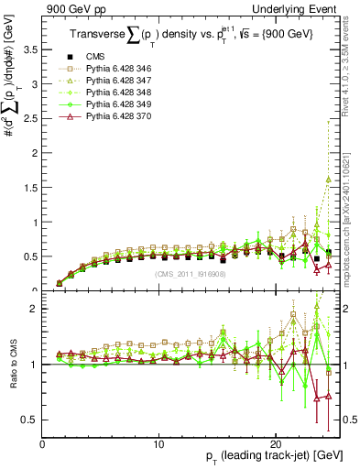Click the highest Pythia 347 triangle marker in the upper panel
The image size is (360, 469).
[328, 180]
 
